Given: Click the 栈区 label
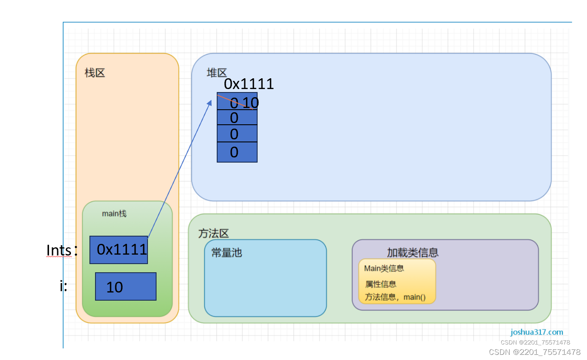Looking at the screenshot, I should coord(95,73).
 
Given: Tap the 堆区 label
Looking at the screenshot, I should coord(216,73).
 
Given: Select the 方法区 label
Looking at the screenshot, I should coord(213,234).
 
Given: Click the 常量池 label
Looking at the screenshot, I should coord(227,252).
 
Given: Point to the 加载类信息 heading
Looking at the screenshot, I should coord(412,252).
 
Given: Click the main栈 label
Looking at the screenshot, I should coord(114,214).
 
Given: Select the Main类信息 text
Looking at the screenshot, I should coord(384,268).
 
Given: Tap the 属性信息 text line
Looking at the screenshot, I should coord(381,284).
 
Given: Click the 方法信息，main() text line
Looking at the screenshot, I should coord(395,297).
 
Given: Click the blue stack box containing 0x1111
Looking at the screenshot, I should coord(119,250).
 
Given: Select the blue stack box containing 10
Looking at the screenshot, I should coord(126,286).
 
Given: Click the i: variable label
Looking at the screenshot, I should coord(64,286).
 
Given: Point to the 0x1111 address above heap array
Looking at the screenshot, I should coord(249,84).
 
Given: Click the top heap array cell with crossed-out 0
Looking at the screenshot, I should coord(237,102).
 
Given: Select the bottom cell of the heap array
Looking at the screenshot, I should coord(237,152).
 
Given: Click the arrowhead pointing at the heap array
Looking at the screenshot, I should coord(210,102).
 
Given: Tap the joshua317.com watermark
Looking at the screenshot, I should coord(537,332).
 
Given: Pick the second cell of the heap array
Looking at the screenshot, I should coord(237,117).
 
